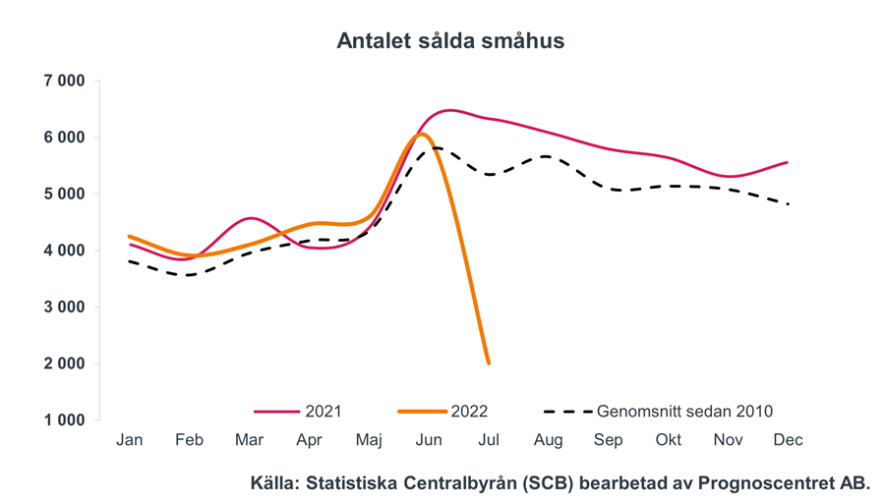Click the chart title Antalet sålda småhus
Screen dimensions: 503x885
point(450,41)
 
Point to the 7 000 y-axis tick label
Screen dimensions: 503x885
point(64,81)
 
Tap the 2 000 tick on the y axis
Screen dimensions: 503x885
point(64,363)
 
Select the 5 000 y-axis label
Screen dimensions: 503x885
point(64,194)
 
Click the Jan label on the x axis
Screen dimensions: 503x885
point(130,440)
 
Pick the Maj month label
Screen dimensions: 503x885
point(369,440)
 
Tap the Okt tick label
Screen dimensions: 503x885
point(669,440)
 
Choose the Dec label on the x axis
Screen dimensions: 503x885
point(788,440)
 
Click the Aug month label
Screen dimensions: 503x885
point(548,440)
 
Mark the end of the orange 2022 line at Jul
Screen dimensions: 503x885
point(489,363)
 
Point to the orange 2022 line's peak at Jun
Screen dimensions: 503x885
point(422,134)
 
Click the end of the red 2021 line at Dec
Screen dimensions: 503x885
point(788,162)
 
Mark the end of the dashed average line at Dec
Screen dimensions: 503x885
point(788,203)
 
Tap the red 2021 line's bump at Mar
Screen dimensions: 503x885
point(251,218)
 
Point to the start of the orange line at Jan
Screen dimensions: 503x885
point(130,237)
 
